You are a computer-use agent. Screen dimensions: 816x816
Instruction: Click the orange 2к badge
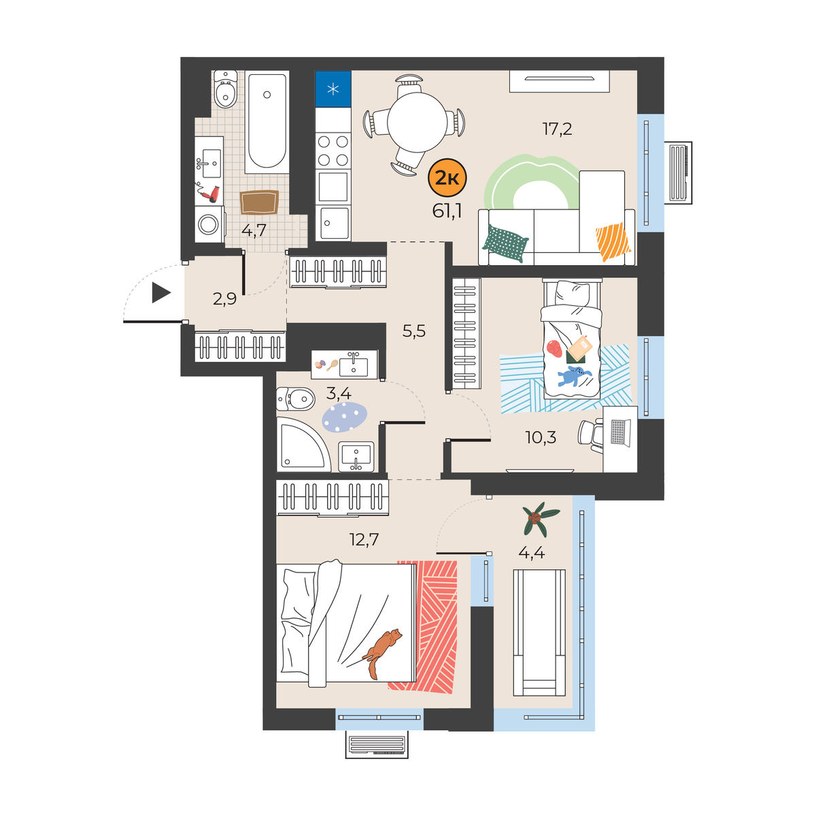point(447,178)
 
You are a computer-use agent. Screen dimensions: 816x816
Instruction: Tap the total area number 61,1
point(447,210)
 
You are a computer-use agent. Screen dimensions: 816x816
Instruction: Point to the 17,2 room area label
point(558,129)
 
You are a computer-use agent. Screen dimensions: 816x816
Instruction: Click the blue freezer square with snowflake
point(333,88)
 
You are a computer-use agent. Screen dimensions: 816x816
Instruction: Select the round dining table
point(417,122)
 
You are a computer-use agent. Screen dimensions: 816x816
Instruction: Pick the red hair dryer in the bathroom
point(208,192)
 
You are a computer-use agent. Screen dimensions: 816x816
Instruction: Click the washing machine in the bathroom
point(209,224)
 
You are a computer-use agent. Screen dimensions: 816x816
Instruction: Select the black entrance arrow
point(161,292)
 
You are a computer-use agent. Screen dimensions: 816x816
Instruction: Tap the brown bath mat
point(259,203)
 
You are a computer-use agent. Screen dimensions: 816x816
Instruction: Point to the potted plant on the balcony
point(541,519)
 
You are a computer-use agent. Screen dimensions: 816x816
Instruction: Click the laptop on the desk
point(620,432)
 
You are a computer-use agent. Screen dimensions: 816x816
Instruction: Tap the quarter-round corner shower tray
point(303,445)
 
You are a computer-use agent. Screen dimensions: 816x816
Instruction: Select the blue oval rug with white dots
point(344,417)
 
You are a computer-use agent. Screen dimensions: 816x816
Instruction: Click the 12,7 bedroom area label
point(364,539)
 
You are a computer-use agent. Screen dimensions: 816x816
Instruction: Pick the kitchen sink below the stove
point(335,223)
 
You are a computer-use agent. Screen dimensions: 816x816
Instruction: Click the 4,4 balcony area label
point(532,552)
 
